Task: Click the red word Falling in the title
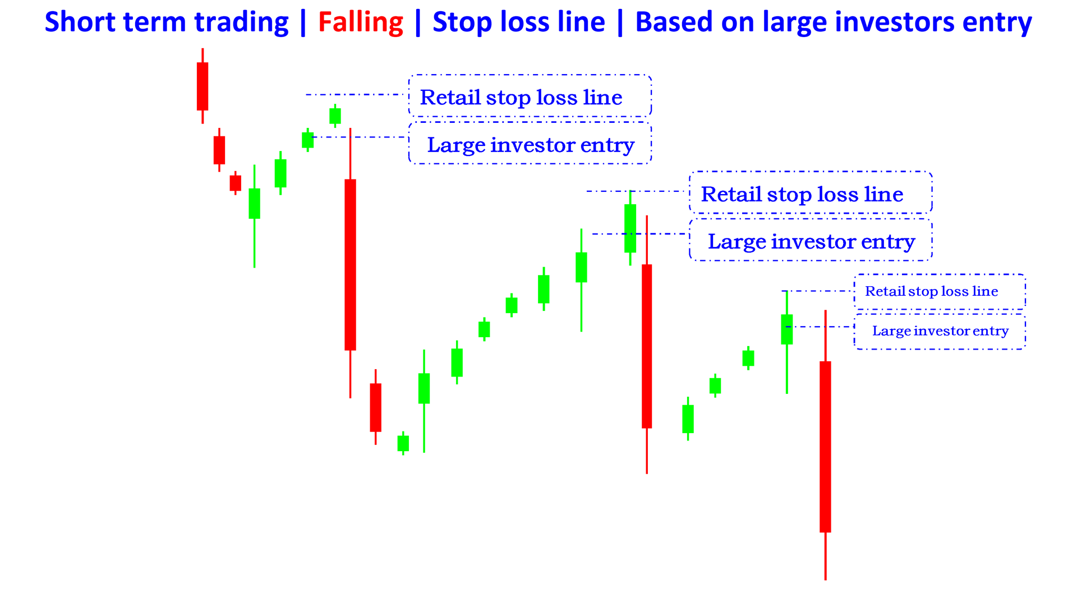point(360,22)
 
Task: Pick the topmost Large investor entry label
point(530,145)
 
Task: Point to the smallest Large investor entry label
point(940,331)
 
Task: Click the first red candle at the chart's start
point(202,86)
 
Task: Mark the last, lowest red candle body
point(825,447)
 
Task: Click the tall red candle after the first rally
point(350,264)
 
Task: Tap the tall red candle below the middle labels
point(647,346)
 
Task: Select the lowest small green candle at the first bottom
point(403,443)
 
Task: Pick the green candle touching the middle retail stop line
point(630,228)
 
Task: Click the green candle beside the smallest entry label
point(787,329)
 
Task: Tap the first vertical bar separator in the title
point(303,22)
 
